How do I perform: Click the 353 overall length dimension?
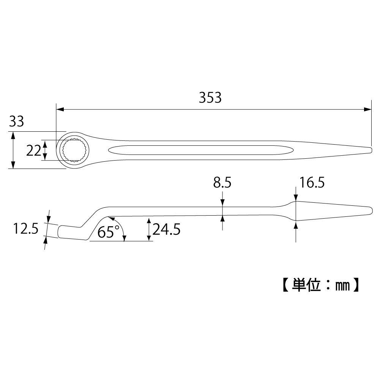point(210,98)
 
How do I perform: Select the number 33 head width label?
point(16,122)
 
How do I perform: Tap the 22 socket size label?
point(33,151)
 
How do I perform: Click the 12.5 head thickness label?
point(26,229)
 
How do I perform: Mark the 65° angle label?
point(108,232)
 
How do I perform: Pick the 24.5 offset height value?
point(166,230)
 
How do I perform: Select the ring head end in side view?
point(65,231)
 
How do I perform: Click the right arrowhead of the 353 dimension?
point(367,109)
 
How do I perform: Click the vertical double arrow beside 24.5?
point(148,229)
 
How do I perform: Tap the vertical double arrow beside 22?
point(45,150)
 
